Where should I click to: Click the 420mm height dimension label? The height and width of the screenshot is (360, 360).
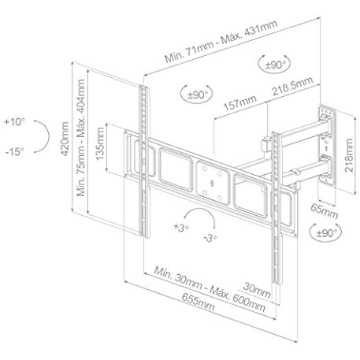pos(65,139)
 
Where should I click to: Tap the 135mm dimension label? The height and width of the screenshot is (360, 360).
pos(100,144)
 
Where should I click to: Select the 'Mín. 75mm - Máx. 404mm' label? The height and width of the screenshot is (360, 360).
pos(80,138)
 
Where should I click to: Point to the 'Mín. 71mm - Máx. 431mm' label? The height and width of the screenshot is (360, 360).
pos(221,41)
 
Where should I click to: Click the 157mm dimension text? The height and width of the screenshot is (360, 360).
pos(239,103)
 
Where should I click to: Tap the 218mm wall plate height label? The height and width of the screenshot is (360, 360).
pos(349,155)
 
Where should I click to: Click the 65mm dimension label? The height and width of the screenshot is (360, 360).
pos(325,211)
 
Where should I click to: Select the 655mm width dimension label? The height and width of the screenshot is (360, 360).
pos(198,302)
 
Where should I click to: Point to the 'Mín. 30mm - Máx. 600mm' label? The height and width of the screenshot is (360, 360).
pos(210,289)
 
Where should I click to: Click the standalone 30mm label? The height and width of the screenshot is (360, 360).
pos(257,290)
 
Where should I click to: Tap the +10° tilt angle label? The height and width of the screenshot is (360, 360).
pos(15,122)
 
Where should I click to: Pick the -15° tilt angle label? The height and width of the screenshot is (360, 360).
pos(15,151)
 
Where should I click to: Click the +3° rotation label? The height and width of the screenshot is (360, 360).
pos(181,228)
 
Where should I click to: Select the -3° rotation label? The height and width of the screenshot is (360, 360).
pos(210,239)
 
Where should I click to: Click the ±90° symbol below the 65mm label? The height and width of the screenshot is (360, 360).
pos(325,232)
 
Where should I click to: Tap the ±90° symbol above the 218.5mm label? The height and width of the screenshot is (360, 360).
pos(274,64)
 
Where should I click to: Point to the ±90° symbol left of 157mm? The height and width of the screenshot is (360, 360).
pos(197,94)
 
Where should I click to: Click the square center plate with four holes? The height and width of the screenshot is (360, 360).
pos(213,183)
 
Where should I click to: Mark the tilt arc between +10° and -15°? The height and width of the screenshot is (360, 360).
pos(49,136)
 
